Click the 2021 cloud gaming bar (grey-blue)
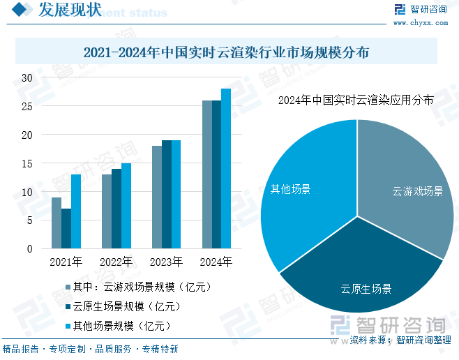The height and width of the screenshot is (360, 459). point(56,223)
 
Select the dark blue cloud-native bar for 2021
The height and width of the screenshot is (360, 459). point(66,229)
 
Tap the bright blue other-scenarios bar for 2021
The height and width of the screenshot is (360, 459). point(75,211)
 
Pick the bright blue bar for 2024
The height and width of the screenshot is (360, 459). point(226,169)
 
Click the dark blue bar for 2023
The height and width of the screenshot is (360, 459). point(166,195)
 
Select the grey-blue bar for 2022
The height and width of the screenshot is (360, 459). point(106,211)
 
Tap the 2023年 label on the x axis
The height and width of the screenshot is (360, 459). point(166,263)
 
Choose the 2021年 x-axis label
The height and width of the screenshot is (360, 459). point(66,263)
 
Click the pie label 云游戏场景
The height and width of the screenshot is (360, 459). point(417,191)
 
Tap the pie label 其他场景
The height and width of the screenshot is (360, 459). point(291,189)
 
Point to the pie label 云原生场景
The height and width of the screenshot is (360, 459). point(366,289)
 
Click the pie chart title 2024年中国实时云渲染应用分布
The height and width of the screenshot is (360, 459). point(356,100)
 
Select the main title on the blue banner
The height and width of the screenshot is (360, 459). point(226,52)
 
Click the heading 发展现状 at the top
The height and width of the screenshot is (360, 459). point(69,10)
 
